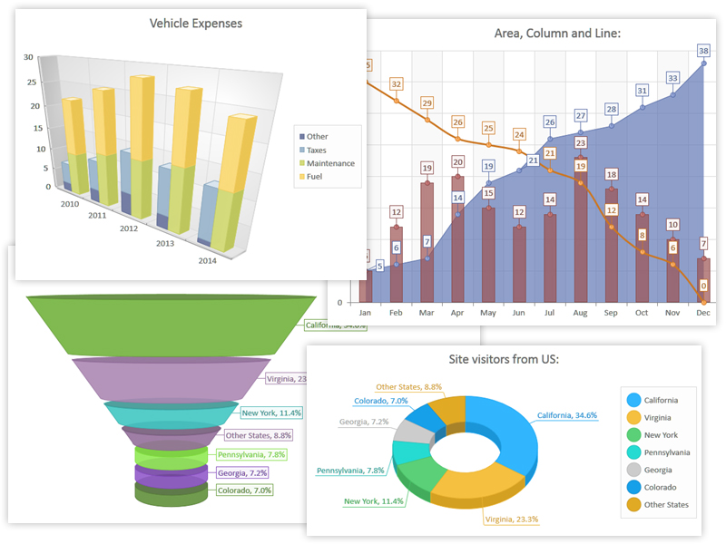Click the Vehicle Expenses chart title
point(196,24)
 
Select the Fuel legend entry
point(315,176)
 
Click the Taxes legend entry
point(317,150)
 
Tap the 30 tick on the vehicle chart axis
point(29,57)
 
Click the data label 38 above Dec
point(704,50)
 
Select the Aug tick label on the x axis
point(580,313)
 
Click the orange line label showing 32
point(397,84)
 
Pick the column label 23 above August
point(581,142)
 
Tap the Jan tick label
point(365,313)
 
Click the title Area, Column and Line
point(544,34)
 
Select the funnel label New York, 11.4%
point(277,413)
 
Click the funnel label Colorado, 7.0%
point(246,491)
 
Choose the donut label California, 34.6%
point(567,415)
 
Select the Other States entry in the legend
point(667,505)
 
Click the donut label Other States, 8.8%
point(408,387)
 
